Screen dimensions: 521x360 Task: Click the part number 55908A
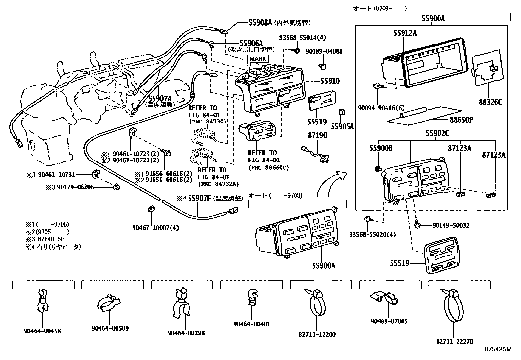tap(260, 22)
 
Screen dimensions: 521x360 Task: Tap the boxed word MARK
tap(258, 59)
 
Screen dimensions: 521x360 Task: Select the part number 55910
tap(330, 81)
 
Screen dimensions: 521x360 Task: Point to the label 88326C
tap(490, 102)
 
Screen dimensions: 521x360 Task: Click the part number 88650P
tap(461, 120)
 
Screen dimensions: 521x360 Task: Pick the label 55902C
tap(437, 133)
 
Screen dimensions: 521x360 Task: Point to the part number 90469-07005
tap(389, 321)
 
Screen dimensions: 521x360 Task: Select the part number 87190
tap(317, 135)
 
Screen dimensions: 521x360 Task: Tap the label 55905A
tap(342, 127)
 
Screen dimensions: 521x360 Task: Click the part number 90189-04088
tap(324, 51)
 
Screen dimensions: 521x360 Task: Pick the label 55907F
tap(199, 198)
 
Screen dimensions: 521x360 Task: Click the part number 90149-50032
tap(451, 225)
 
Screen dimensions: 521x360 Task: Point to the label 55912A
tap(405, 33)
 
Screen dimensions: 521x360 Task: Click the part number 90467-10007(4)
tap(155, 228)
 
